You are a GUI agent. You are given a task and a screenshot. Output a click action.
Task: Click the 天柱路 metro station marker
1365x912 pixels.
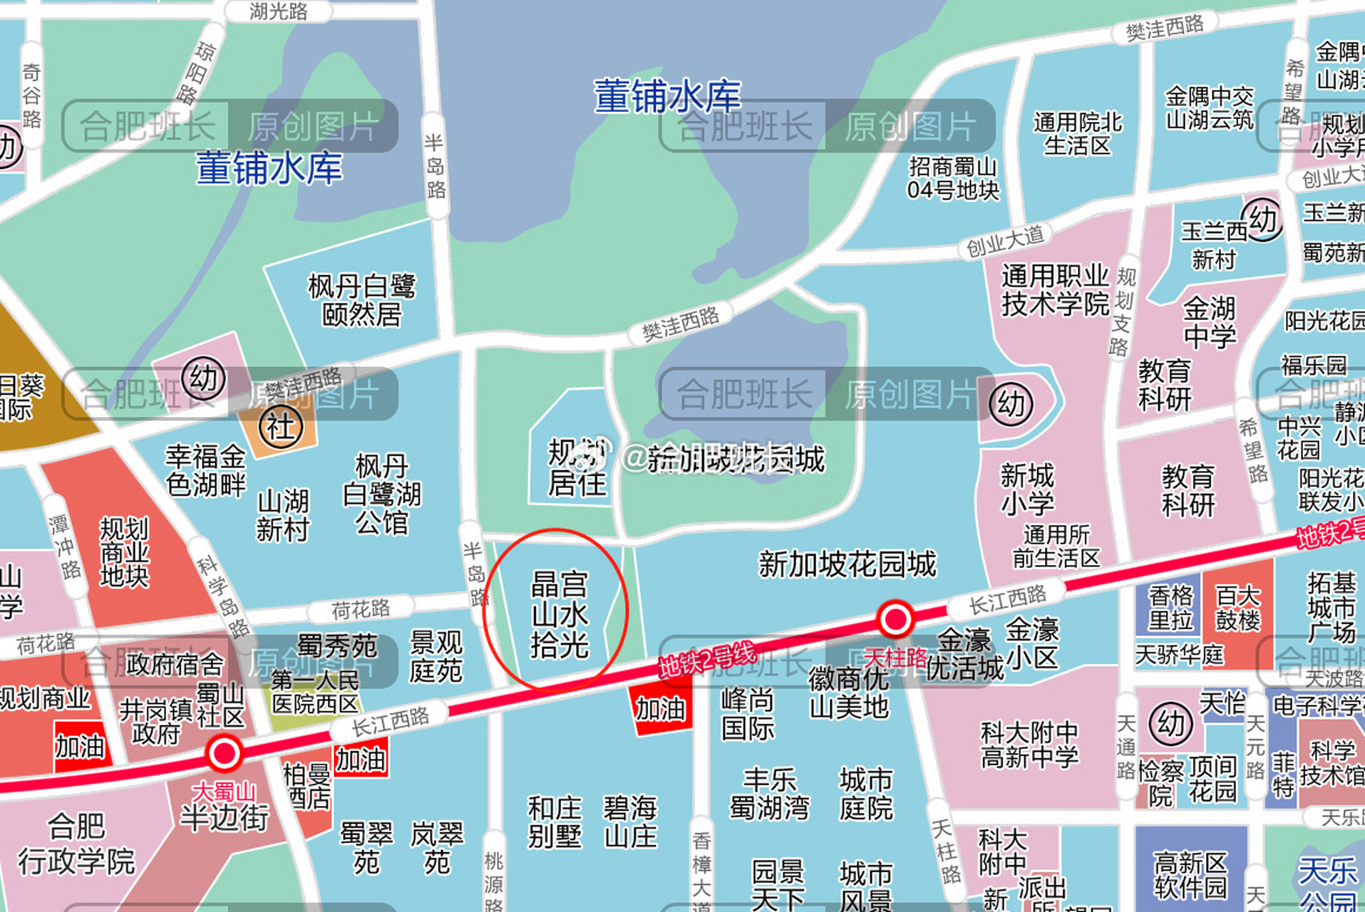895,618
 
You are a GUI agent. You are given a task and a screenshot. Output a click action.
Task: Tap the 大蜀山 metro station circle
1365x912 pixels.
224,753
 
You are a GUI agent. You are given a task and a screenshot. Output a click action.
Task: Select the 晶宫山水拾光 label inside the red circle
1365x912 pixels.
560,615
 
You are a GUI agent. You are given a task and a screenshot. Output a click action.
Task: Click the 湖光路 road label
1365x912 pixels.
278,11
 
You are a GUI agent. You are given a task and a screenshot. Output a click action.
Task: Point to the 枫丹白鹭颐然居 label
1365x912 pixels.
361,300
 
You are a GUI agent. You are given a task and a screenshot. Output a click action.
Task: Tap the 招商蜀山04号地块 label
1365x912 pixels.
953,179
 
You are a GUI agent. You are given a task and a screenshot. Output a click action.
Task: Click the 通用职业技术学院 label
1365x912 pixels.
1055,290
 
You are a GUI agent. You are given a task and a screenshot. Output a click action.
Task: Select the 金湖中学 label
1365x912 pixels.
1209,323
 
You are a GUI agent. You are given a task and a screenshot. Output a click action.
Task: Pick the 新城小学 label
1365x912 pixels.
1026,489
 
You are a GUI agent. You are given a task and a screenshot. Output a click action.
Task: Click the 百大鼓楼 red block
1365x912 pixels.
1237,608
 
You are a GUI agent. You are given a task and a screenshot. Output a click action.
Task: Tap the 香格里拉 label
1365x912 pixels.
1170,608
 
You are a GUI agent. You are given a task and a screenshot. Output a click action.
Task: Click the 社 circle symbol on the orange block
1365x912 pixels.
280,427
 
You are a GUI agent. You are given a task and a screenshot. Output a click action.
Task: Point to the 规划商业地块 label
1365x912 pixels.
124,552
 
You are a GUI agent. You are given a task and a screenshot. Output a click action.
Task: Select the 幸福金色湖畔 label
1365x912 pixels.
205,470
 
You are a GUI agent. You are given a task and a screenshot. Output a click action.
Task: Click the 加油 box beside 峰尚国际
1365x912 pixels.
660,709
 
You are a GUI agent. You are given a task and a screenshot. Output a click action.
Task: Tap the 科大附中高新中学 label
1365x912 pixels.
1029,744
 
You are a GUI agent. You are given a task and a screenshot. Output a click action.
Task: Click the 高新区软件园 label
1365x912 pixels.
1190,875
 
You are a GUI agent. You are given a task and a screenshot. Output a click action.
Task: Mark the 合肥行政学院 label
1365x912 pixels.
76,845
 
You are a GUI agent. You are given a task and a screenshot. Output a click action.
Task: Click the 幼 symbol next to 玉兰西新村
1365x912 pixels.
1262,219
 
